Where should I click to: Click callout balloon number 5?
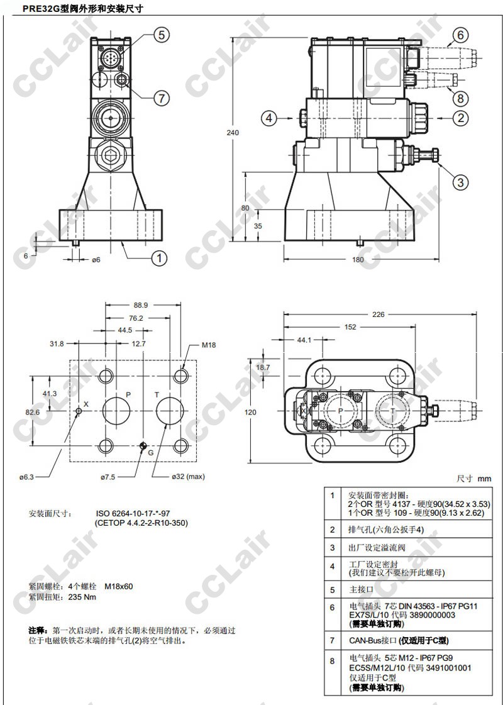(162, 35)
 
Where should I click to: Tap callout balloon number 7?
(162, 97)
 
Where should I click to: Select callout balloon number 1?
(160, 257)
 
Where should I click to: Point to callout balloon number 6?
(460, 35)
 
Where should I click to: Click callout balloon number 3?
(461, 182)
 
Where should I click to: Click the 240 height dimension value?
(233, 133)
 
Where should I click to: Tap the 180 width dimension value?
(358, 260)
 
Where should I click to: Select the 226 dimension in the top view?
(377, 315)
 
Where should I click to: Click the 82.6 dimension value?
(32, 411)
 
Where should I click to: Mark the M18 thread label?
(209, 345)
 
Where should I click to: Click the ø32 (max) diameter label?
(189, 477)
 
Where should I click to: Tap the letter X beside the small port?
(86, 402)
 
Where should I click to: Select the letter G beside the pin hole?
(151, 453)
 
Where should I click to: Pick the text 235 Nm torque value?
(82, 597)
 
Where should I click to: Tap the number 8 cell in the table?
(332, 661)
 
